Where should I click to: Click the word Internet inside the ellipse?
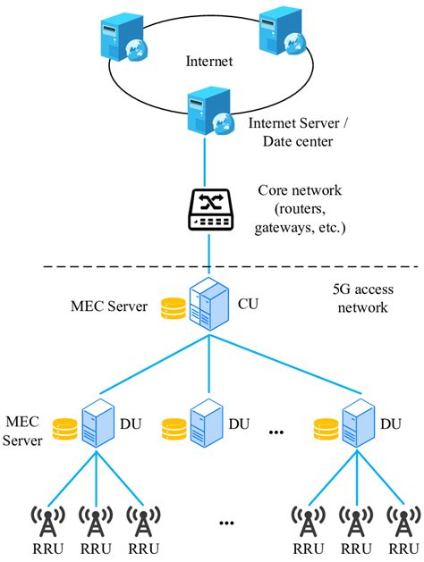point(209,62)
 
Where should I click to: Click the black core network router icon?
point(210,208)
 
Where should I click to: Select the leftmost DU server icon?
point(98,423)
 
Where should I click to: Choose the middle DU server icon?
point(204,423)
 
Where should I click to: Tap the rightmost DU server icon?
point(357,423)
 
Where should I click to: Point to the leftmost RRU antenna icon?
point(47,520)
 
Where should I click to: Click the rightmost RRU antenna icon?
point(402,520)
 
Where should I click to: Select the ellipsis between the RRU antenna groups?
point(225,522)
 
